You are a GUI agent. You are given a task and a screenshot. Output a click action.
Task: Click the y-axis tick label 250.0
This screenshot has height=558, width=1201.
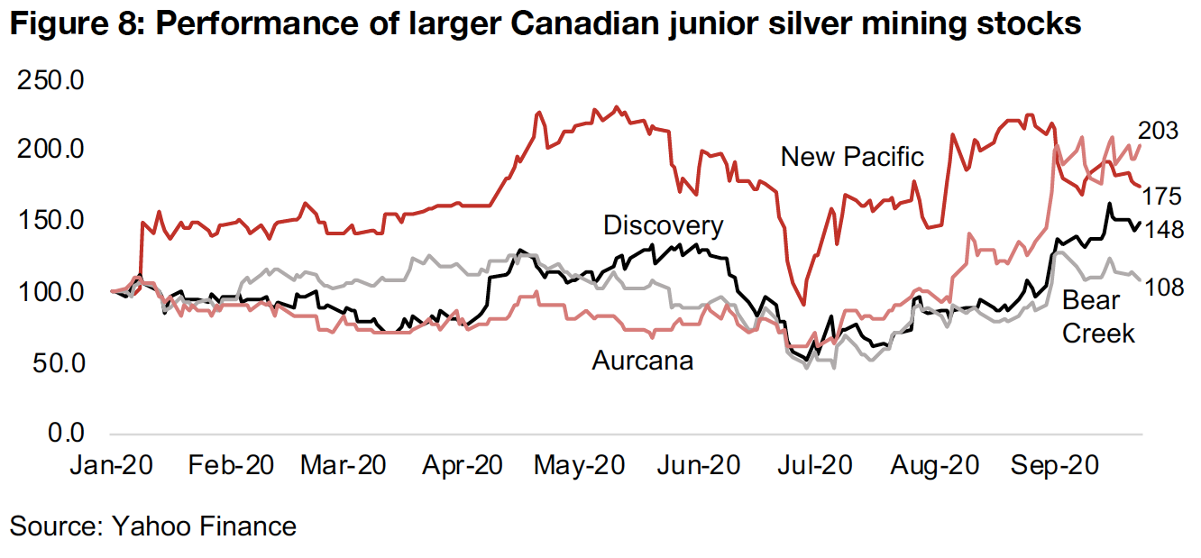pyautogui.click(x=50, y=81)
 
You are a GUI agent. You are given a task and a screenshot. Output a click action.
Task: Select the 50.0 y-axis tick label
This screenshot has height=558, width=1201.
pyautogui.click(x=56, y=363)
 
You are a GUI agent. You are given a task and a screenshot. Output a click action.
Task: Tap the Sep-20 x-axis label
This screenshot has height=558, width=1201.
pyautogui.click(x=1053, y=467)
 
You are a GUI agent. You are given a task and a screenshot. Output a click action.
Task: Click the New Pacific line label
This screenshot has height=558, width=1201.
pyautogui.click(x=852, y=157)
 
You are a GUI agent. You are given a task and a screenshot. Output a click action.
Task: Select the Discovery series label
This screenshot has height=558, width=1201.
pyautogui.click(x=663, y=225)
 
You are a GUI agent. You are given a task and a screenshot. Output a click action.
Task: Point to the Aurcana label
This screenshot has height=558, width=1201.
pyautogui.click(x=643, y=361)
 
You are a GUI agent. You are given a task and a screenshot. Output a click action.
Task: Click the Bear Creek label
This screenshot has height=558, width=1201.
pyautogui.click(x=1098, y=317)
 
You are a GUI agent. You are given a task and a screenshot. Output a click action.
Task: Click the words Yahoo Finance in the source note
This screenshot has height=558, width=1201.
pyautogui.click(x=204, y=526)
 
